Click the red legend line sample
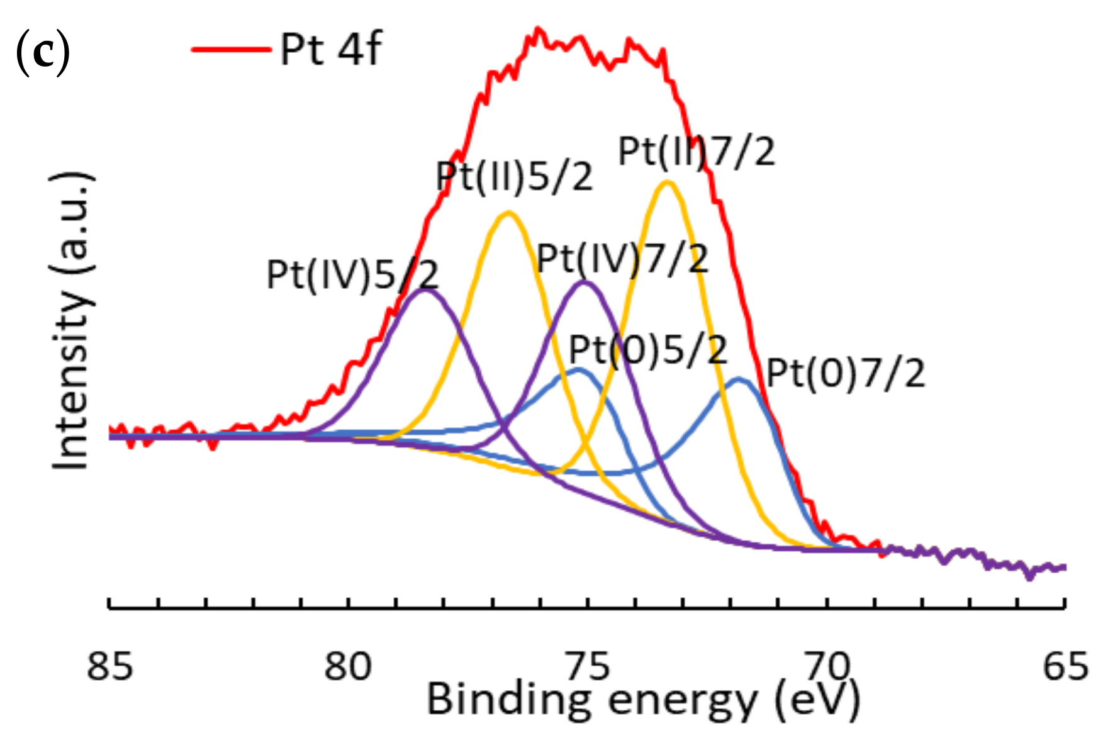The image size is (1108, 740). pyautogui.click(x=231, y=48)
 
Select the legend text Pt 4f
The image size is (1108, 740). pyautogui.click(x=330, y=48)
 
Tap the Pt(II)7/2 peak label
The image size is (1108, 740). pyautogui.click(x=697, y=152)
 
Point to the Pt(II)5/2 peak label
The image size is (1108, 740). pyautogui.click(x=515, y=176)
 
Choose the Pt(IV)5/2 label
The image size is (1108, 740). pyautogui.click(x=352, y=274)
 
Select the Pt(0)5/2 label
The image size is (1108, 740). pyautogui.click(x=648, y=349)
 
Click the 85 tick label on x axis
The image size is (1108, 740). pyautogui.click(x=110, y=666)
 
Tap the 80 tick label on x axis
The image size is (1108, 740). pyautogui.click(x=348, y=666)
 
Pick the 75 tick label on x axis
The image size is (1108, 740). pyautogui.click(x=588, y=666)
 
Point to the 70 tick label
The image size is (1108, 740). pyautogui.click(x=826, y=666)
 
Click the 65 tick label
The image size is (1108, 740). pyautogui.click(x=1065, y=666)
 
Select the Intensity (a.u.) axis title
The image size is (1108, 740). pyautogui.click(x=72, y=321)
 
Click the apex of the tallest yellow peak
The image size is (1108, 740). pyautogui.click(x=668, y=182)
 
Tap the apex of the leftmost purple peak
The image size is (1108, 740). pyautogui.click(x=426, y=290)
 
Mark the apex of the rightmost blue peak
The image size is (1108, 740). pyautogui.click(x=739, y=379)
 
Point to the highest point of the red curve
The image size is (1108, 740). pyautogui.click(x=537, y=28)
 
